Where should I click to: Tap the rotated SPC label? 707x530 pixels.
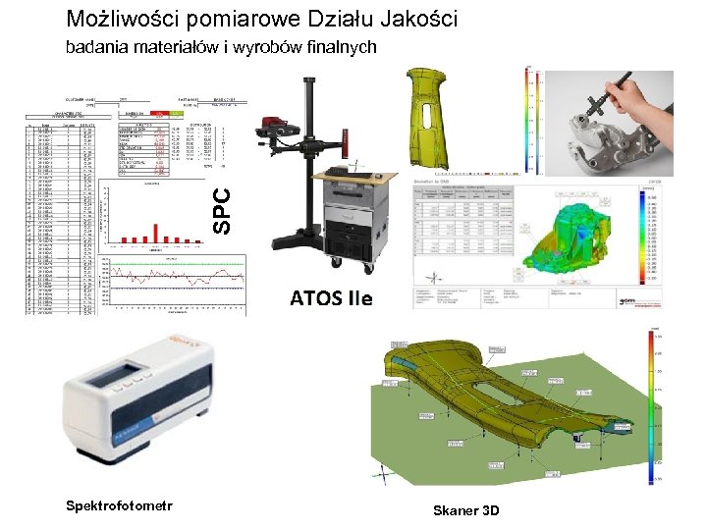pos(223,210)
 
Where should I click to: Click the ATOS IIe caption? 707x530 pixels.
pos(331,297)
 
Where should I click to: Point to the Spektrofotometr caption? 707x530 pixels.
pos(119,505)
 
